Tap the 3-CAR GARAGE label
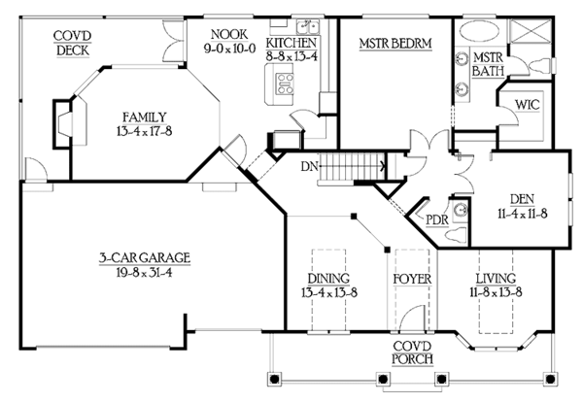(145, 257)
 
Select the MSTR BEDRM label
(395, 44)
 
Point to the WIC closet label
(528, 105)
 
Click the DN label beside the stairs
(309, 167)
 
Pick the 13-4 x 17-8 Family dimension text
(144, 131)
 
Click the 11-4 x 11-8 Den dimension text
(523, 214)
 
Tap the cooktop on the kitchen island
(285, 84)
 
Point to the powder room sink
(461, 211)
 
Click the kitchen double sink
(307, 27)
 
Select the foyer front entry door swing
(412, 318)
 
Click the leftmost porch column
(274, 380)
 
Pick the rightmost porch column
(549, 380)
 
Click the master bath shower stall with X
(530, 32)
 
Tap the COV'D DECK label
(73, 43)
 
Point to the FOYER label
(412, 280)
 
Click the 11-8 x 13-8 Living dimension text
(496, 292)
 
